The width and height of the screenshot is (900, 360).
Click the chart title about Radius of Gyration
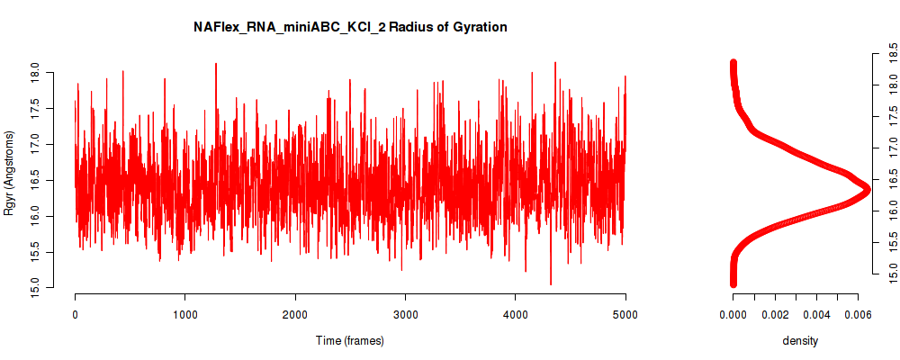point(350,27)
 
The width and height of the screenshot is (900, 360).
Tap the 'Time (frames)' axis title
point(349,340)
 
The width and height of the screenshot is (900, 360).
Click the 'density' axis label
point(800,340)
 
